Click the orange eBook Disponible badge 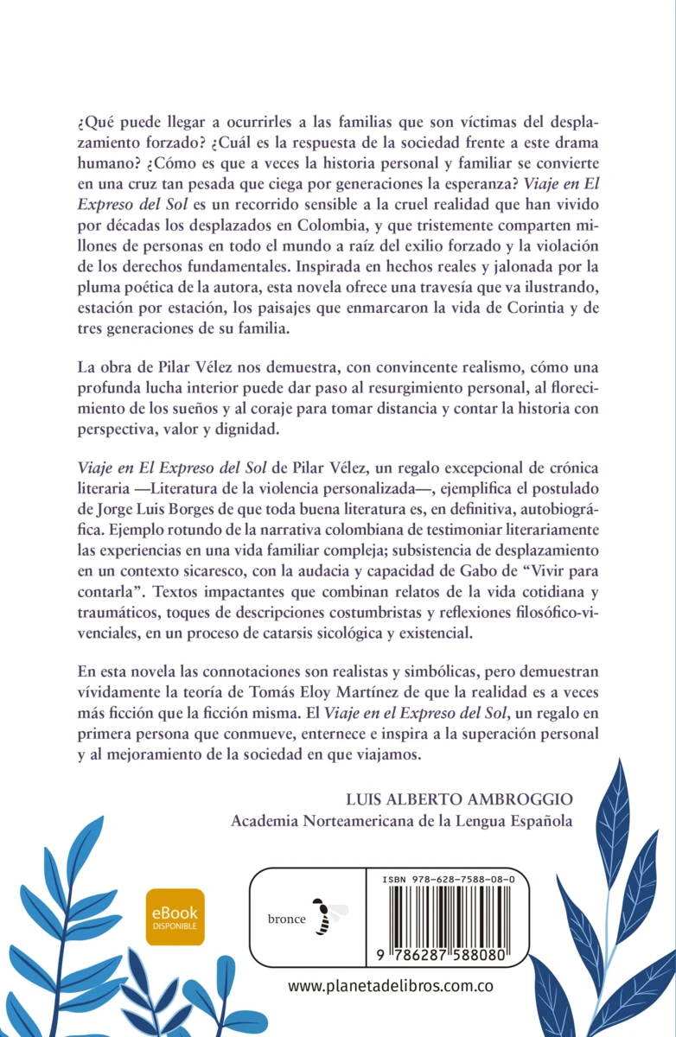(175, 917)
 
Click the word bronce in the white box (286, 919)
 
